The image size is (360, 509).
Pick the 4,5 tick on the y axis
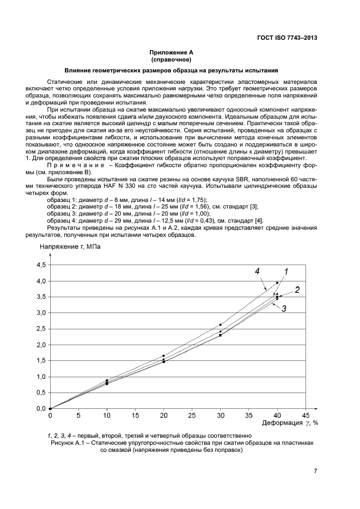[x=41, y=265]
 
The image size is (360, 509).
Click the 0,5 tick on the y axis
[x=41, y=393]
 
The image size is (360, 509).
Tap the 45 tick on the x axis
[x=306, y=415]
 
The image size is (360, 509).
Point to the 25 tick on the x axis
[x=192, y=415]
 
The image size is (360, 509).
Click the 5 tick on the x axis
[x=78, y=415]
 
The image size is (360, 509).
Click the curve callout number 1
[x=285, y=271]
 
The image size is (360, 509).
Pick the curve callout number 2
[x=297, y=290]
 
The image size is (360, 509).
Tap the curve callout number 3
[x=284, y=308]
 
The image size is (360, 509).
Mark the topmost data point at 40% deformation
[x=277, y=283]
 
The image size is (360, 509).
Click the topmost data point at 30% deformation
[x=221, y=325]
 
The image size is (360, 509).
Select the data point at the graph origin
[x=50, y=408]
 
